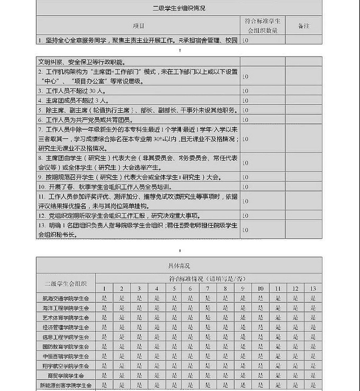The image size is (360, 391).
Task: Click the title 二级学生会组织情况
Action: pos(179,8)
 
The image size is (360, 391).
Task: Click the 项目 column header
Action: pos(138,25)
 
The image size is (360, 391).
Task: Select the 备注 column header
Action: pos(303,25)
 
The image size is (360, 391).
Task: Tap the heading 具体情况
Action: pos(179,265)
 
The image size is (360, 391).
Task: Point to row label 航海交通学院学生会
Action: pos(66,298)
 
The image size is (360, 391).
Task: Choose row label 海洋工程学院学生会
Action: pos(66,308)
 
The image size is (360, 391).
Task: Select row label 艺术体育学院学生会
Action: pos(66,317)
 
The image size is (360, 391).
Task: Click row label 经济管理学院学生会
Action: pos(66,327)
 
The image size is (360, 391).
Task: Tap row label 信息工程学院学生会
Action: pos(66,336)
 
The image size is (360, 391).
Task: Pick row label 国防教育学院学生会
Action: pos(66,346)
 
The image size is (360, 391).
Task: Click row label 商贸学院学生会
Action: pos(66,375)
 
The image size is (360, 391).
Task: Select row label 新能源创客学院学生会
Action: pos(66,385)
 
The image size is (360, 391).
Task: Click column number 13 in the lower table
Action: pos(312,288)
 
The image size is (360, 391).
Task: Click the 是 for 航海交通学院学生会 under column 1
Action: pos(104,298)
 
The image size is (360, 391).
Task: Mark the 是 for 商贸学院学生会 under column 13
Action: pos(312,375)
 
